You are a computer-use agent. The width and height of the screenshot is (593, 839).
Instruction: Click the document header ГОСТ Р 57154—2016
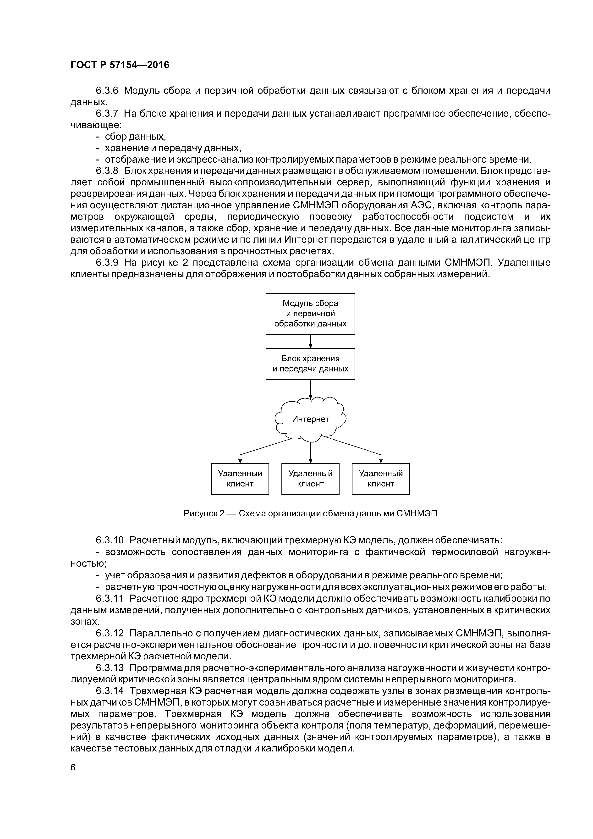point(120,65)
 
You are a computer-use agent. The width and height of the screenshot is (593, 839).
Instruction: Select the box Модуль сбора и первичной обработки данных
point(310,314)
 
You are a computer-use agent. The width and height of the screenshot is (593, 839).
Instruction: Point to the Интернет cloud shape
point(310,419)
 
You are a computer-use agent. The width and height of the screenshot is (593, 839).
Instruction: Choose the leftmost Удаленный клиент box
point(240,479)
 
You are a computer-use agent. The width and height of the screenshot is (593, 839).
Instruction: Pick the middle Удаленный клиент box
point(310,479)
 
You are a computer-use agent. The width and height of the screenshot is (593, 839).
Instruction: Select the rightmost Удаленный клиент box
point(381,479)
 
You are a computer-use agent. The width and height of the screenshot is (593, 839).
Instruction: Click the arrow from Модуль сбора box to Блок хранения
point(310,342)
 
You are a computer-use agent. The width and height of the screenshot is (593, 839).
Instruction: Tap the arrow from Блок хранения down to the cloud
point(310,389)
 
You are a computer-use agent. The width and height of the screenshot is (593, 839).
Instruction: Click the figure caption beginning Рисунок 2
point(310,513)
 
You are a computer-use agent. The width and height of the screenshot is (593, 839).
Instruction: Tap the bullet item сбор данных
point(135,137)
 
